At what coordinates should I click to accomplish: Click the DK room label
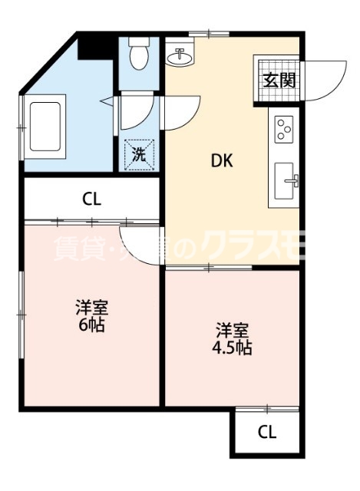(223, 162)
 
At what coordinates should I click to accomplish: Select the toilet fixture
(139, 54)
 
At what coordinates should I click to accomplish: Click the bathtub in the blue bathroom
(47, 126)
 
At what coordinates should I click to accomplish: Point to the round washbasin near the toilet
(183, 55)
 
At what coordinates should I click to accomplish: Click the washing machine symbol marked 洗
(139, 153)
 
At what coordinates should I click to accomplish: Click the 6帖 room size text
(91, 325)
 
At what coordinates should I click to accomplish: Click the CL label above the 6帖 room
(91, 199)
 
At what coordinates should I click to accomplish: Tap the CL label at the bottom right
(266, 432)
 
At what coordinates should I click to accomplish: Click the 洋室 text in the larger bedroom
(91, 308)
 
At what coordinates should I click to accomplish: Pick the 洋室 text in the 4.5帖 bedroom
(232, 331)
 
